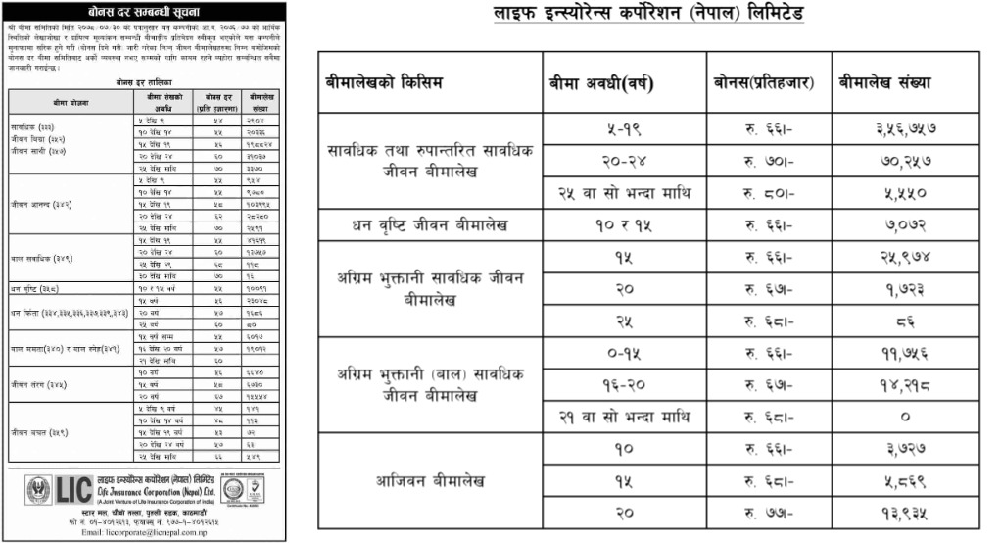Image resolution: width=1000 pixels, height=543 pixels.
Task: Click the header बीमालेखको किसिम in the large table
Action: (x=384, y=83)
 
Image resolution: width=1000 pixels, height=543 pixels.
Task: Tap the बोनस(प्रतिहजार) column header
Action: (x=763, y=83)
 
